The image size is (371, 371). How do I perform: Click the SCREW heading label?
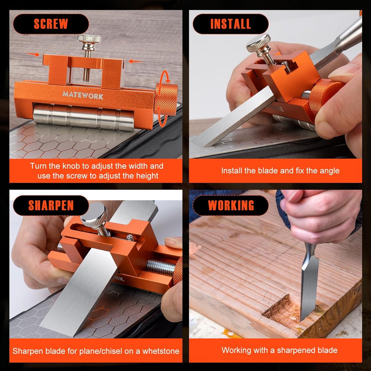click(x=51, y=24)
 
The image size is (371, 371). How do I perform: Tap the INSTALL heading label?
click(x=230, y=24)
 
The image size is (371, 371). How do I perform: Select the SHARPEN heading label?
click(x=51, y=205)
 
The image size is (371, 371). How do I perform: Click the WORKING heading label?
click(x=231, y=205)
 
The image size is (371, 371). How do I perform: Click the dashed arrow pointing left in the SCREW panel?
click(x=135, y=61)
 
